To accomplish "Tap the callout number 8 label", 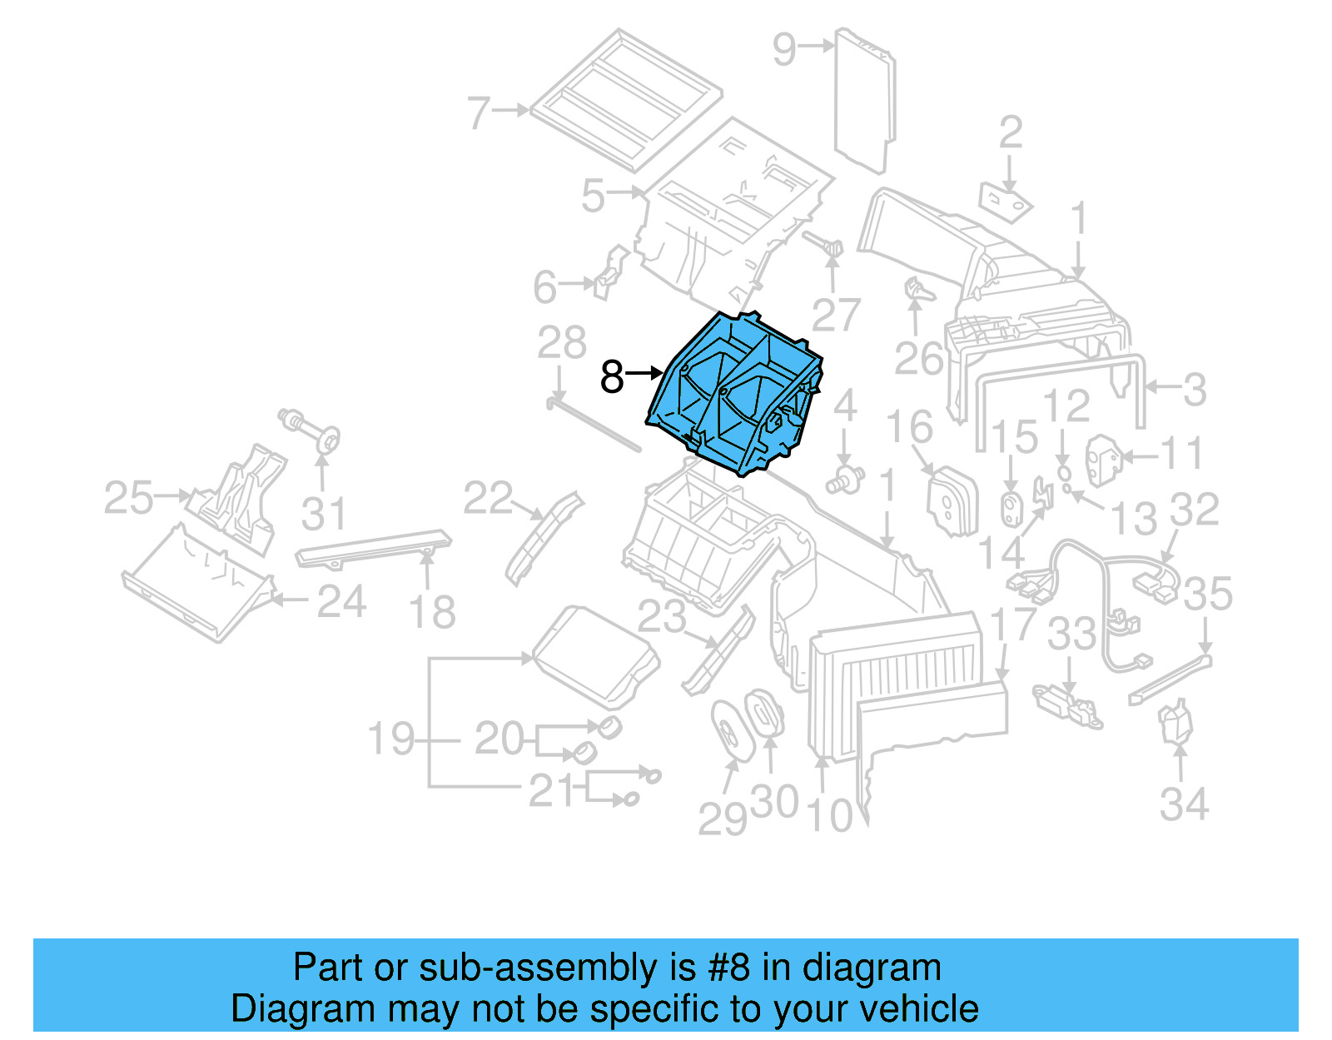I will point(612,376).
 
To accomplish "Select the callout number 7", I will point(479,112).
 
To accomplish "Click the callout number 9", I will point(784,49).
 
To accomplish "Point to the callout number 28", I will point(562,342).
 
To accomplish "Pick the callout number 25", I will point(129,497).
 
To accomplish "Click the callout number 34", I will point(1184,804).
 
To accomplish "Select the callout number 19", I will point(391,739).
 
